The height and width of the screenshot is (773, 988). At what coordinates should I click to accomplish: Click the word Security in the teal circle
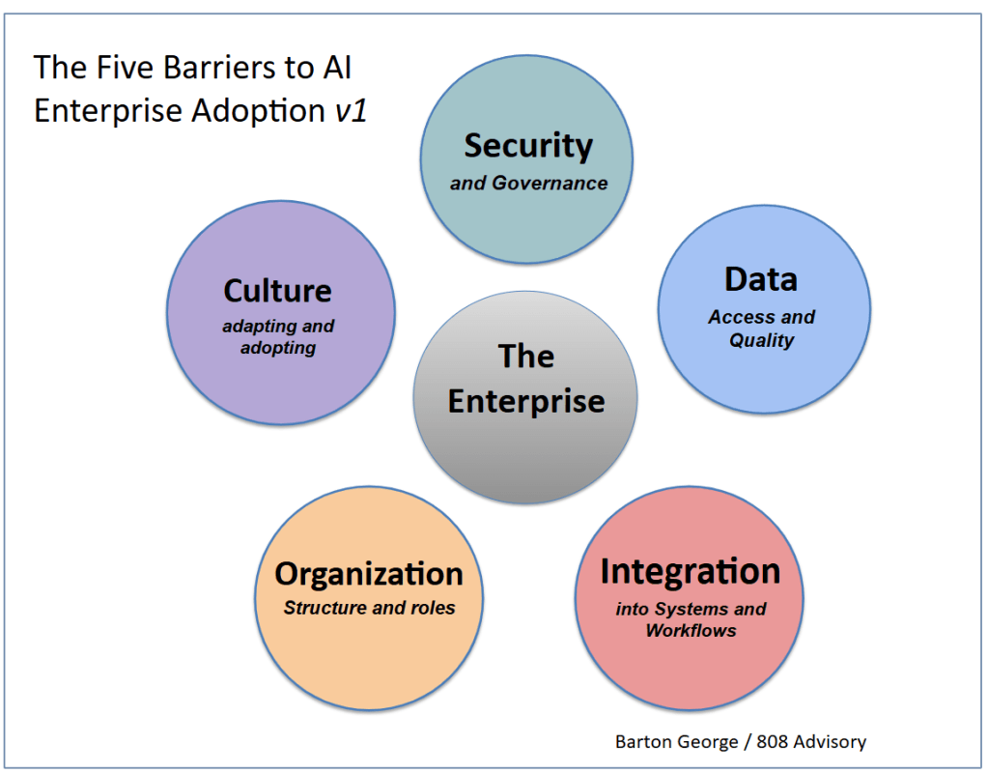(x=528, y=146)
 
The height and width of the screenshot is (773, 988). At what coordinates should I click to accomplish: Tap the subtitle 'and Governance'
(x=528, y=183)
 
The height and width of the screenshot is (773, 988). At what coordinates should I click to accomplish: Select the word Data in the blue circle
(x=761, y=280)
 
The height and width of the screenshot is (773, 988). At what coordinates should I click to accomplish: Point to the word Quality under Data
(x=762, y=340)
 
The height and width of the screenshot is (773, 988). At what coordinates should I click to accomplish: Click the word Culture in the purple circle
(x=277, y=291)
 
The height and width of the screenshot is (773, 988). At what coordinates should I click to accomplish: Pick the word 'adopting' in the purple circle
(x=278, y=348)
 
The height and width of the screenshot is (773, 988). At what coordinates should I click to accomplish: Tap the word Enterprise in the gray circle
(x=526, y=400)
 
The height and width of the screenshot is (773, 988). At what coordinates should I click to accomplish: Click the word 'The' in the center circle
(x=526, y=357)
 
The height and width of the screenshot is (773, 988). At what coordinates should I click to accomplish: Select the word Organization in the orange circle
(x=369, y=574)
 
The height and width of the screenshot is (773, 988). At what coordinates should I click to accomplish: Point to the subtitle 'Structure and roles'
(x=369, y=608)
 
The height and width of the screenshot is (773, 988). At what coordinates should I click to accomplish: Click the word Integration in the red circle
(x=690, y=571)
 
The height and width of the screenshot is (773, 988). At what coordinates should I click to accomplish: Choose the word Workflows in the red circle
(x=691, y=631)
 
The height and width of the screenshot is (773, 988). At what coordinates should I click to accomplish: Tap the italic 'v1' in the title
(x=351, y=111)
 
